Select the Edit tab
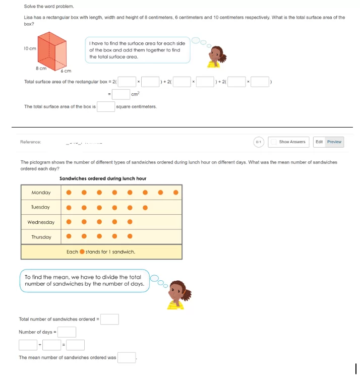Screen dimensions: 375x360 319,142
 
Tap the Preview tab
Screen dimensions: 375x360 334,142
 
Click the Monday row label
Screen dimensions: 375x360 41,192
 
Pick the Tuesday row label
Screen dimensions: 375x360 41,207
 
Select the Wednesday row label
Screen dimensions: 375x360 41,222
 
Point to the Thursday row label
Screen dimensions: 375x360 41,237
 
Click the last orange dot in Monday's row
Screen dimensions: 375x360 176,192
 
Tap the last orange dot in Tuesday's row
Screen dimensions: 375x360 145,207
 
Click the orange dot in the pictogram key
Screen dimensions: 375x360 82,252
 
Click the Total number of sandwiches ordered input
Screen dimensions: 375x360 110,319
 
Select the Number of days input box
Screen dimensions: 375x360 67,332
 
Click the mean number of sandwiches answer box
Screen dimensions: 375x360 127,357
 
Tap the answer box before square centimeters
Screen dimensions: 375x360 106,107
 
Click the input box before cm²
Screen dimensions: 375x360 121,94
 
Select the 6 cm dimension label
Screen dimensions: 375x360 66,72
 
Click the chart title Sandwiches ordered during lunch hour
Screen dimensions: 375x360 103,178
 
